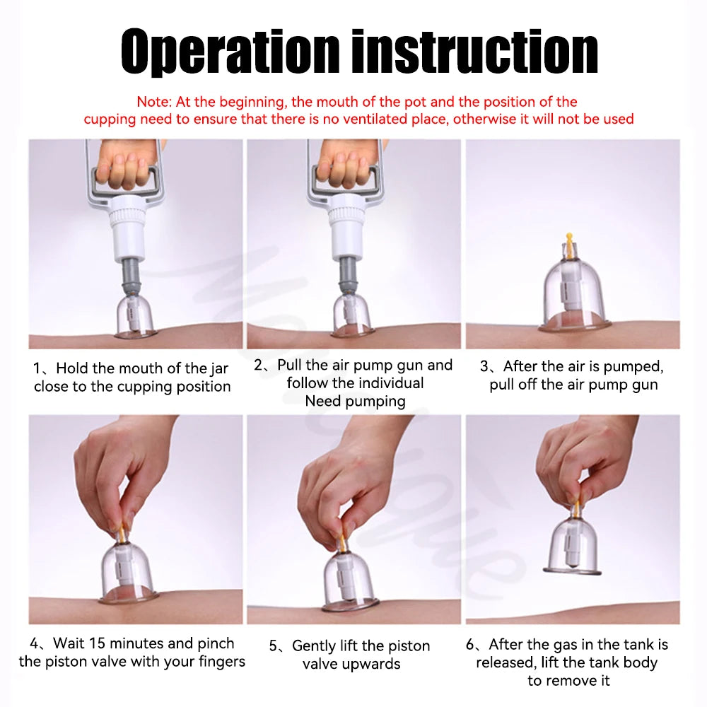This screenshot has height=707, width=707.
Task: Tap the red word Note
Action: pos(153,102)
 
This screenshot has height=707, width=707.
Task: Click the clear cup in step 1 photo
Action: pos(135,315)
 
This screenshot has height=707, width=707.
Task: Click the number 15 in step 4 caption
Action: pos(97,643)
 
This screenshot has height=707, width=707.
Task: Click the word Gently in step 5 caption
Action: pos(316,646)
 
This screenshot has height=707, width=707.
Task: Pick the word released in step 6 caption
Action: pos(505,663)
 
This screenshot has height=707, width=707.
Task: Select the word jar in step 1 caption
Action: pos(220,369)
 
